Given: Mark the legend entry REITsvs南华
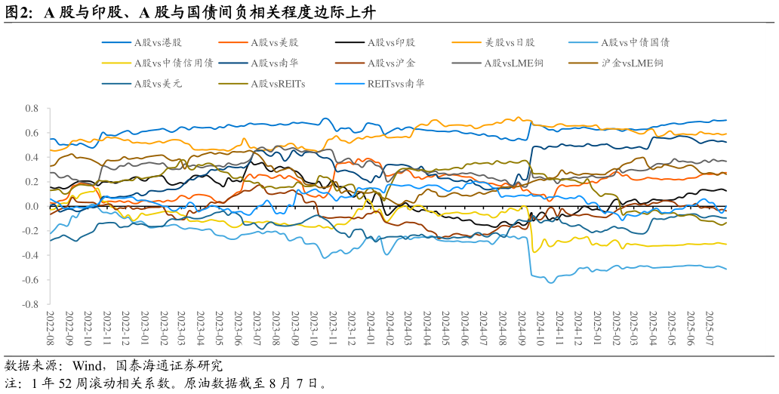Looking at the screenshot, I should click(x=396, y=84).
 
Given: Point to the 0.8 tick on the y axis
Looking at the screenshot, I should click(x=32, y=109).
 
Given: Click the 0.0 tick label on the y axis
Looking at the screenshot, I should click(x=32, y=206).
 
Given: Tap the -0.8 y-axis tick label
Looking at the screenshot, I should click(x=30, y=304).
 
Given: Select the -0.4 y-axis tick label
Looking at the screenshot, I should click(x=30, y=255).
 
